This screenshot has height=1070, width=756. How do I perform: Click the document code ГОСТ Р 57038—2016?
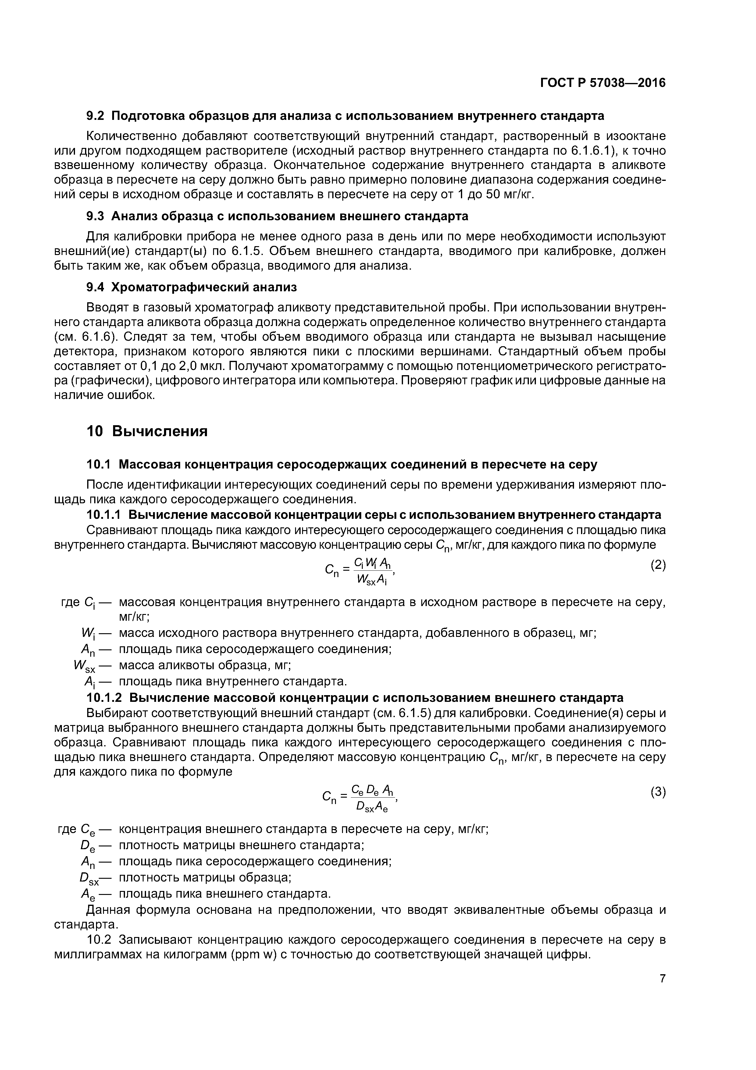pos(603,83)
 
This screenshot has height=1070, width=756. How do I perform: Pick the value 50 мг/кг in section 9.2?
pos(509,194)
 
